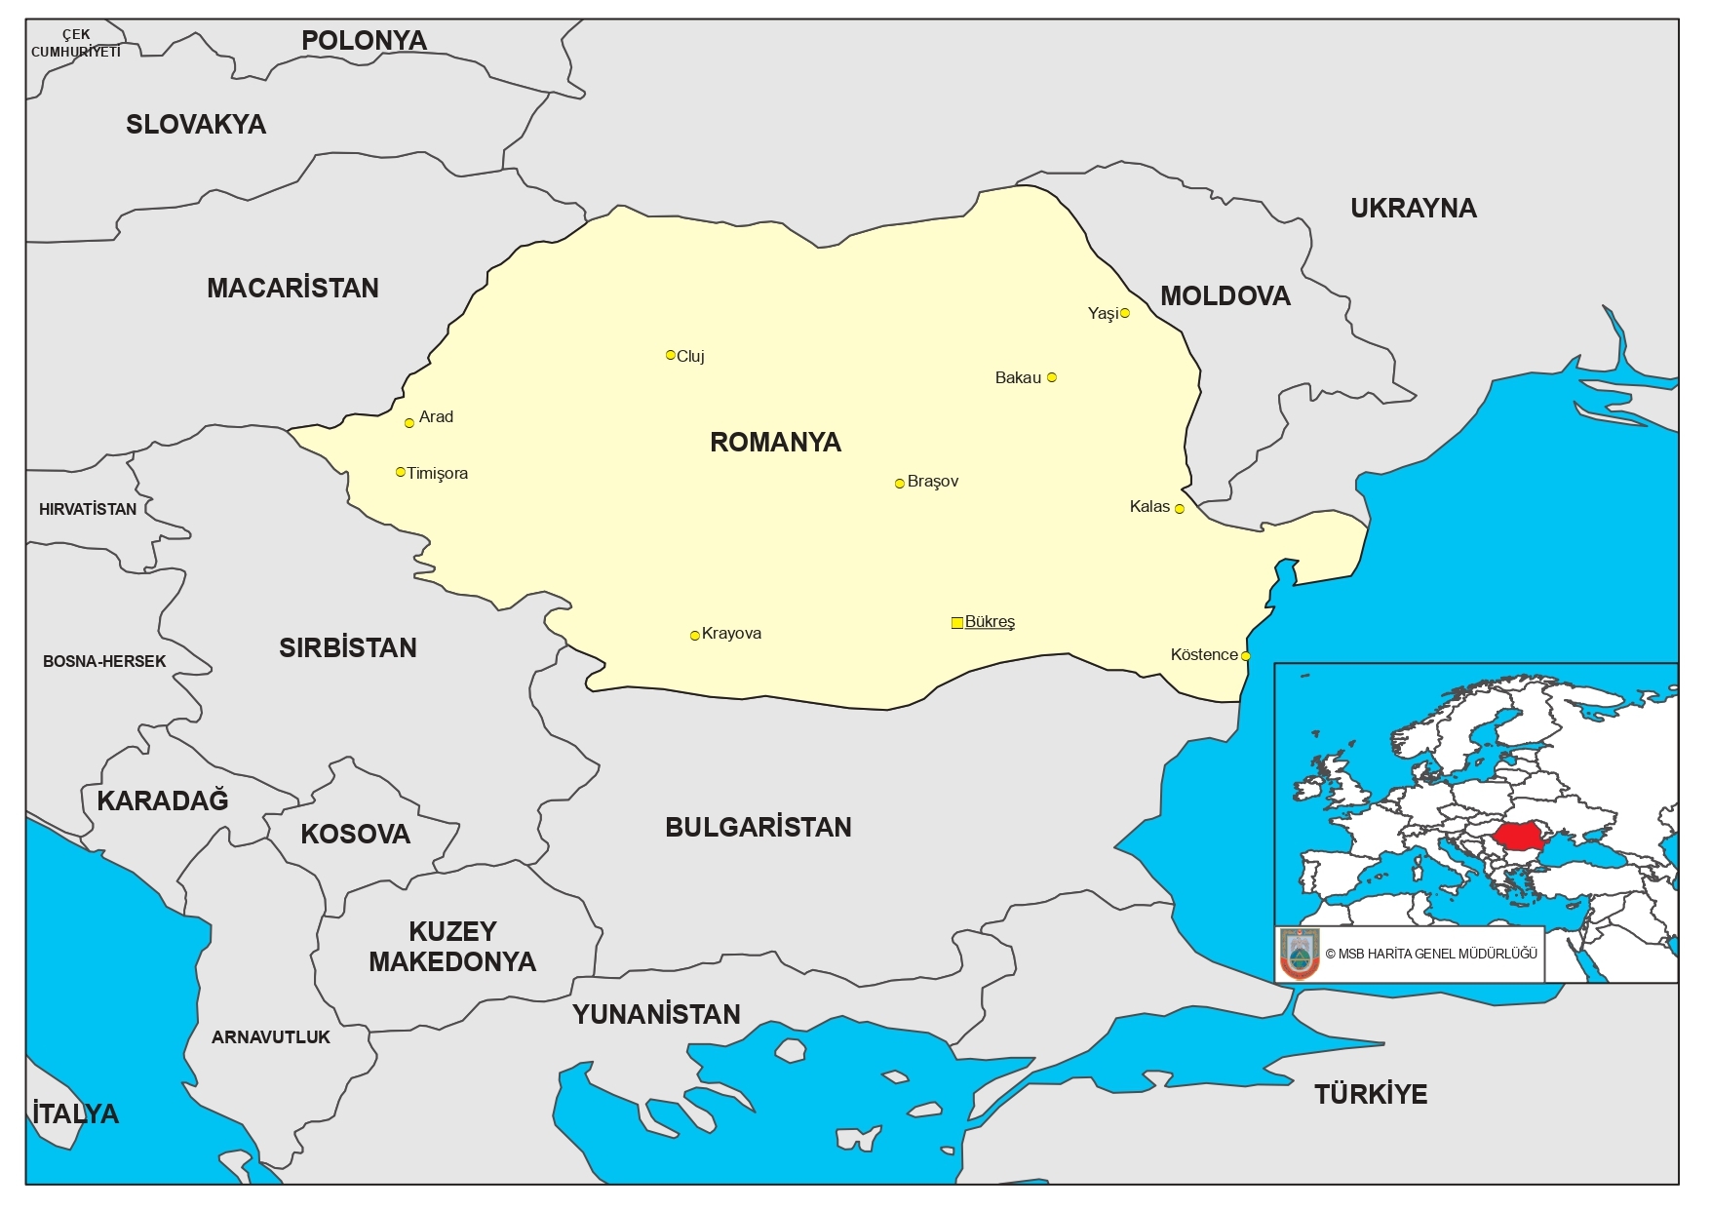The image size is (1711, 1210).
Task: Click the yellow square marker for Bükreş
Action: tap(956, 622)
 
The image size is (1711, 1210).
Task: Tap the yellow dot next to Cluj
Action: tap(670, 355)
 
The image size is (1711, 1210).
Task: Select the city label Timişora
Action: tap(438, 474)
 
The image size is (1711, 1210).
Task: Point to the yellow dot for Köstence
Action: tap(1245, 656)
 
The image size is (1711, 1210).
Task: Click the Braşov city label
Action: tap(933, 482)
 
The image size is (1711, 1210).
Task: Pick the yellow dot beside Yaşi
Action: tap(1125, 313)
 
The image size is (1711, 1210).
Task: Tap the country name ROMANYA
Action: tap(775, 443)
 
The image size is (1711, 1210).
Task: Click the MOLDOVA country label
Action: tap(1225, 296)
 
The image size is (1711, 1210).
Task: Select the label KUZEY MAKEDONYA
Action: tap(452, 947)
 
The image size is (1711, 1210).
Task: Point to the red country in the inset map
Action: tap(1520, 837)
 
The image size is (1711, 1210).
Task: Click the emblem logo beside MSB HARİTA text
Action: tap(1300, 954)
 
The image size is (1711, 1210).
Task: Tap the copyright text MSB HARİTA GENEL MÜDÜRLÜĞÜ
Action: tap(1431, 954)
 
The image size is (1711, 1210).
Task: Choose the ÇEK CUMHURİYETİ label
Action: tap(76, 43)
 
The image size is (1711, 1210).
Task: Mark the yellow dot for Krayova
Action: tap(694, 636)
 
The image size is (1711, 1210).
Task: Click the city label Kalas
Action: tap(1149, 507)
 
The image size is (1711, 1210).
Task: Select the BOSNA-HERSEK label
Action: tap(104, 661)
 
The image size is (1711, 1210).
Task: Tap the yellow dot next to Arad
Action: tap(409, 423)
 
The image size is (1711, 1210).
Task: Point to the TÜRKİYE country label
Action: tap(1370, 1094)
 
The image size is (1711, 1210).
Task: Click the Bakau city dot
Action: tap(1051, 377)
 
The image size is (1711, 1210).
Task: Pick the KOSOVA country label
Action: tap(355, 835)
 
